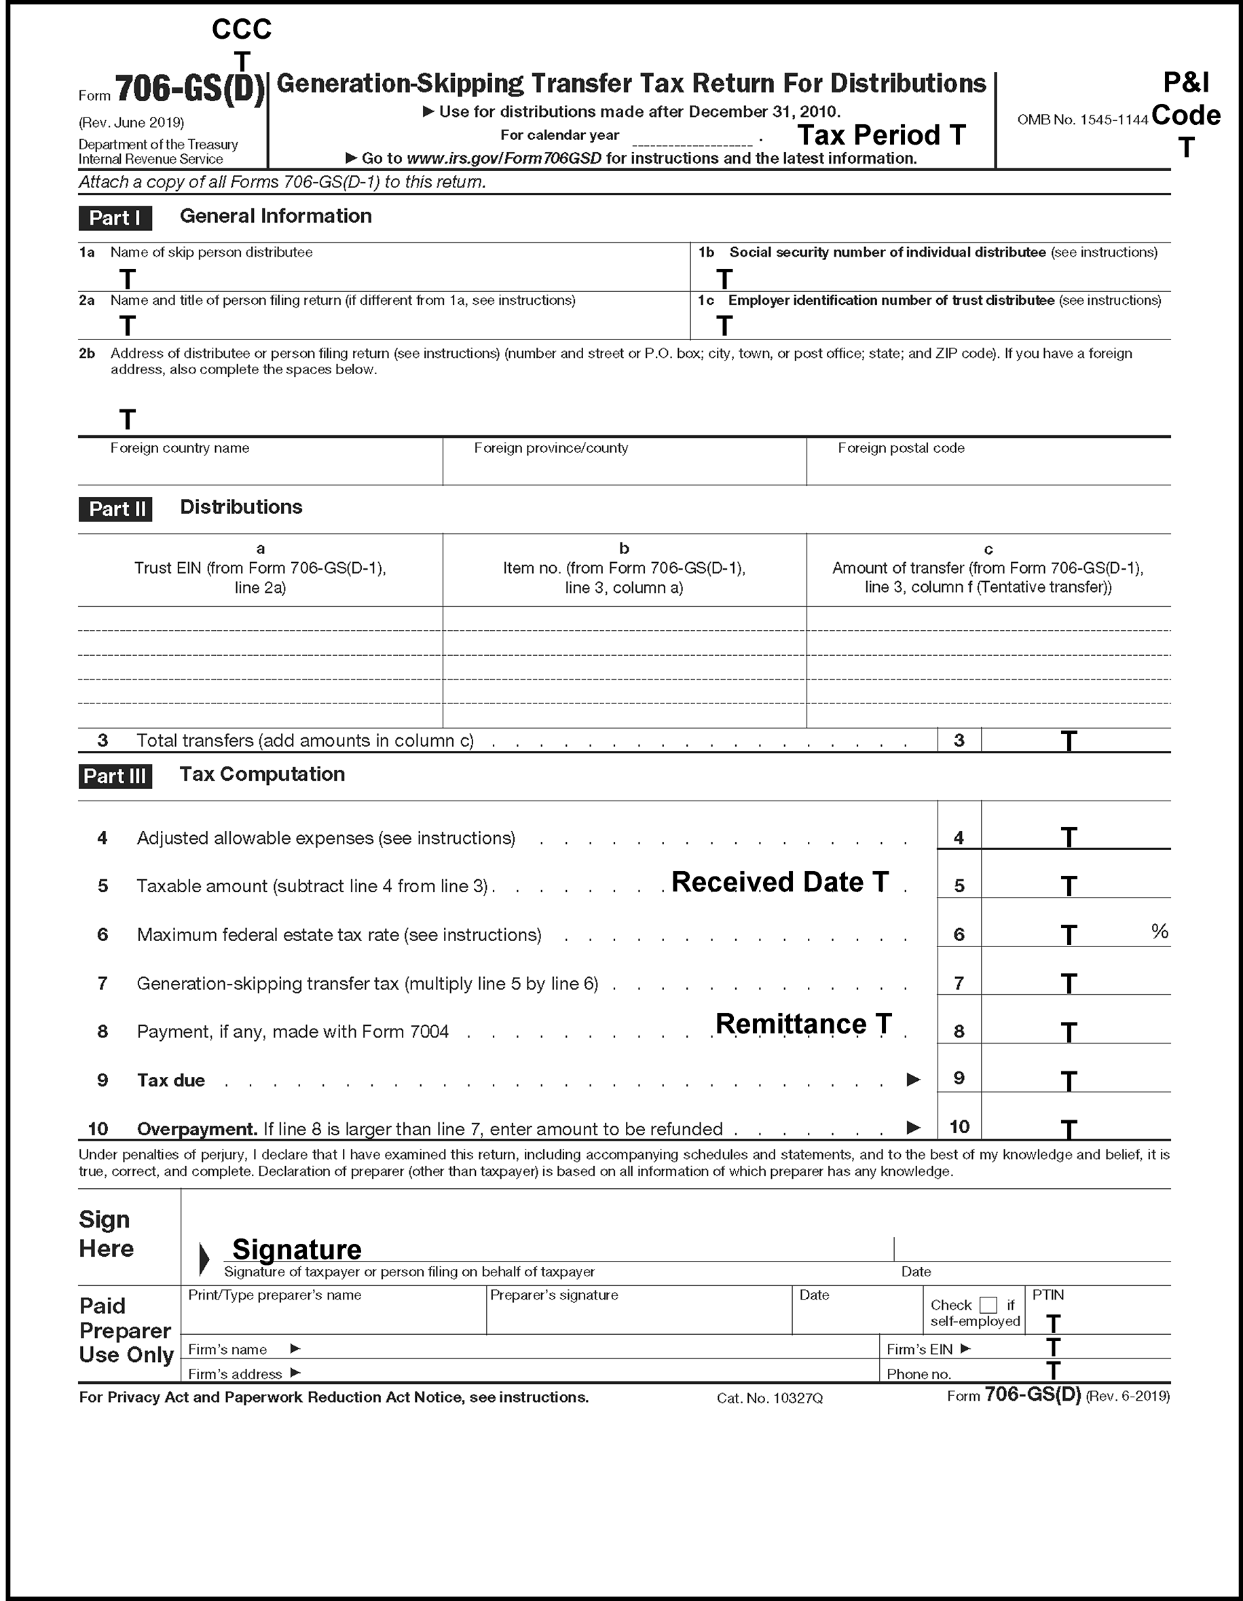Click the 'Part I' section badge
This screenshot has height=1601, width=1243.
click(115, 218)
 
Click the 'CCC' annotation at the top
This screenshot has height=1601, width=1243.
click(241, 29)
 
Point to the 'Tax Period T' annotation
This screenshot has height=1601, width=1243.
click(881, 135)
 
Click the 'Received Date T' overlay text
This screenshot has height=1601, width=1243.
click(780, 882)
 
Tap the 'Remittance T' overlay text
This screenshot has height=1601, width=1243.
click(803, 1023)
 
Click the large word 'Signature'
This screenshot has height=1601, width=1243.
click(297, 1249)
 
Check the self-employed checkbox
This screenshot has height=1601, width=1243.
click(988, 1305)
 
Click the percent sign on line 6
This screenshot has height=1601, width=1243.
click(1159, 931)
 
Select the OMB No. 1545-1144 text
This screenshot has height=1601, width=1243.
click(1081, 119)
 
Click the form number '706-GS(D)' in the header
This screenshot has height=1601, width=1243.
click(190, 90)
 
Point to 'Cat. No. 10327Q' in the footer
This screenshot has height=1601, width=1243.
click(770, 1398)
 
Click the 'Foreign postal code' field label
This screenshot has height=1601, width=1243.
click(901, 448)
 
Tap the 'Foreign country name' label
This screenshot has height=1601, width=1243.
click(180, 448)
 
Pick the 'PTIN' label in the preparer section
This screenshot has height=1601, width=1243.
click(1048, 1295)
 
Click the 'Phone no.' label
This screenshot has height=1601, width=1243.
click(919, 1374)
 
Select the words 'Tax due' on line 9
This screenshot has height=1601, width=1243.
click(171, 1080)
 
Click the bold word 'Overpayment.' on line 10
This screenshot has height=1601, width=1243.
click(196, 1128)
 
